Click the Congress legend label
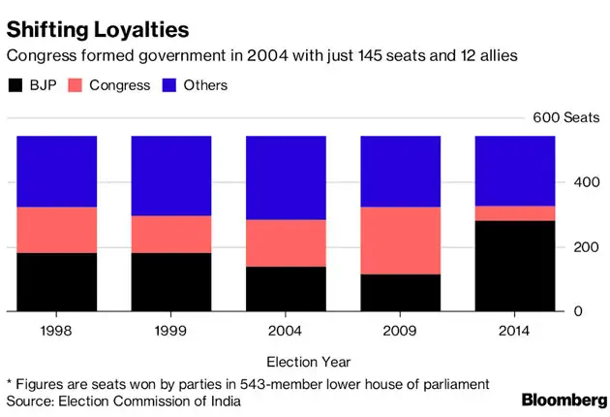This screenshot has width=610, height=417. click(119, 85)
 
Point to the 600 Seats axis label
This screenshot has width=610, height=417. click(567, 117)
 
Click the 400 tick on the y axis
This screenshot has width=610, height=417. click(580, 182)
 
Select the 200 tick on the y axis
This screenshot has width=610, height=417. click(580, 247)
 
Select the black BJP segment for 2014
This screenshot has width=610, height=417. click(514, 267)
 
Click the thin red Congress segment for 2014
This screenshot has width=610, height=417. click(514, 213)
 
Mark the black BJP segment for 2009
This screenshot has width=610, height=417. click(400, 293)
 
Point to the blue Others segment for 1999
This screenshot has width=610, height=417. click(171, 176)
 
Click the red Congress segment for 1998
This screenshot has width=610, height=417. click(56, 230)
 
